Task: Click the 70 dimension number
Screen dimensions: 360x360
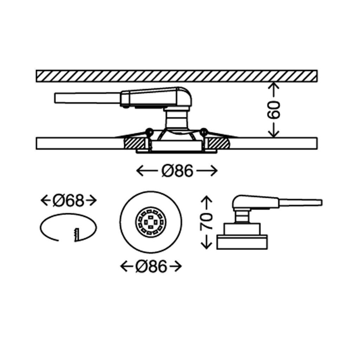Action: pos(207,221)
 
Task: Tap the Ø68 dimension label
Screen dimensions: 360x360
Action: pos(69,201)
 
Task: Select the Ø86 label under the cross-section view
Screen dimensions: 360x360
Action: pos(177,171)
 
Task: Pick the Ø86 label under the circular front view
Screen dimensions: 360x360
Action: pos(151,267)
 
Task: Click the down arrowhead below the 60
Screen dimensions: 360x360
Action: pos(274,134)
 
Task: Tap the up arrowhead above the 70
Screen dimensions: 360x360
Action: pos(207,201)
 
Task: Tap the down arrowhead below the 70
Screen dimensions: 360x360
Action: pos(207,243)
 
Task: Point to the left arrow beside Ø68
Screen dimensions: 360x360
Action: pos(46,201)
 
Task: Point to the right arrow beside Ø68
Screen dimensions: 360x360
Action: pos(92,201)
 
